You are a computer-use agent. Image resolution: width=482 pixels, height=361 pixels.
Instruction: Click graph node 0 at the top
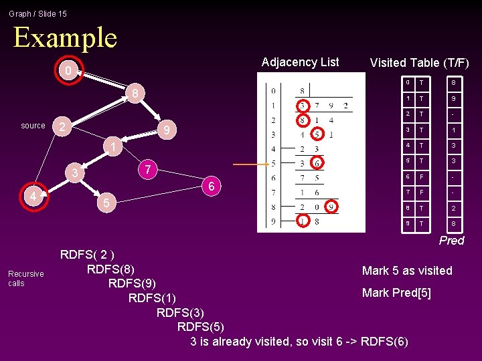click(x=65, y=71)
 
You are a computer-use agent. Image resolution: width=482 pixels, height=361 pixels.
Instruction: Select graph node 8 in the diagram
click(x=135, y=94)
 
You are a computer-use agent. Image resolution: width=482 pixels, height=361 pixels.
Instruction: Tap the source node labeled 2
click(x=63, y=126)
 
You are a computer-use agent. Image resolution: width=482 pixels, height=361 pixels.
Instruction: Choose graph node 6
click(x=211, y=187)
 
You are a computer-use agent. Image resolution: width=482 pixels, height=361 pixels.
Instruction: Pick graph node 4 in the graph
click(x=33, y=197)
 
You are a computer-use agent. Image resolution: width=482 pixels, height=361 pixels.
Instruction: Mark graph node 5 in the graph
click(x=103, y=202)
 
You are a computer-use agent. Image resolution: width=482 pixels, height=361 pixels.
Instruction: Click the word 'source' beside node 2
click(x=33, y=126)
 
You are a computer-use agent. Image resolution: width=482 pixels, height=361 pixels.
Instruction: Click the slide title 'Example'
click(x=65, y=37)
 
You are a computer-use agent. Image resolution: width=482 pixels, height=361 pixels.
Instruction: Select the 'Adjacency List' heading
click(x=300, y=62)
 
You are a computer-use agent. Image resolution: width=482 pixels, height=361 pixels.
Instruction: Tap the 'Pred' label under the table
click(x=451, y=241)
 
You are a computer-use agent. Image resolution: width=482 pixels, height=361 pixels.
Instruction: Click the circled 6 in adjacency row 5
click(x=317, y=163)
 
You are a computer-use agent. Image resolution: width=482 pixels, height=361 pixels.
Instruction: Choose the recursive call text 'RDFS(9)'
click(x=132, y=283)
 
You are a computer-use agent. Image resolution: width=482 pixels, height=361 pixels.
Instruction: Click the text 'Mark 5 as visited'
click(x=407, y=271)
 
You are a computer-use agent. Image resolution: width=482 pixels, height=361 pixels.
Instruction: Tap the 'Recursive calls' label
click(x=25, y=278)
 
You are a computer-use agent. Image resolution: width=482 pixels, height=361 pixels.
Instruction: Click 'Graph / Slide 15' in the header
click(x=38, y=13)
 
